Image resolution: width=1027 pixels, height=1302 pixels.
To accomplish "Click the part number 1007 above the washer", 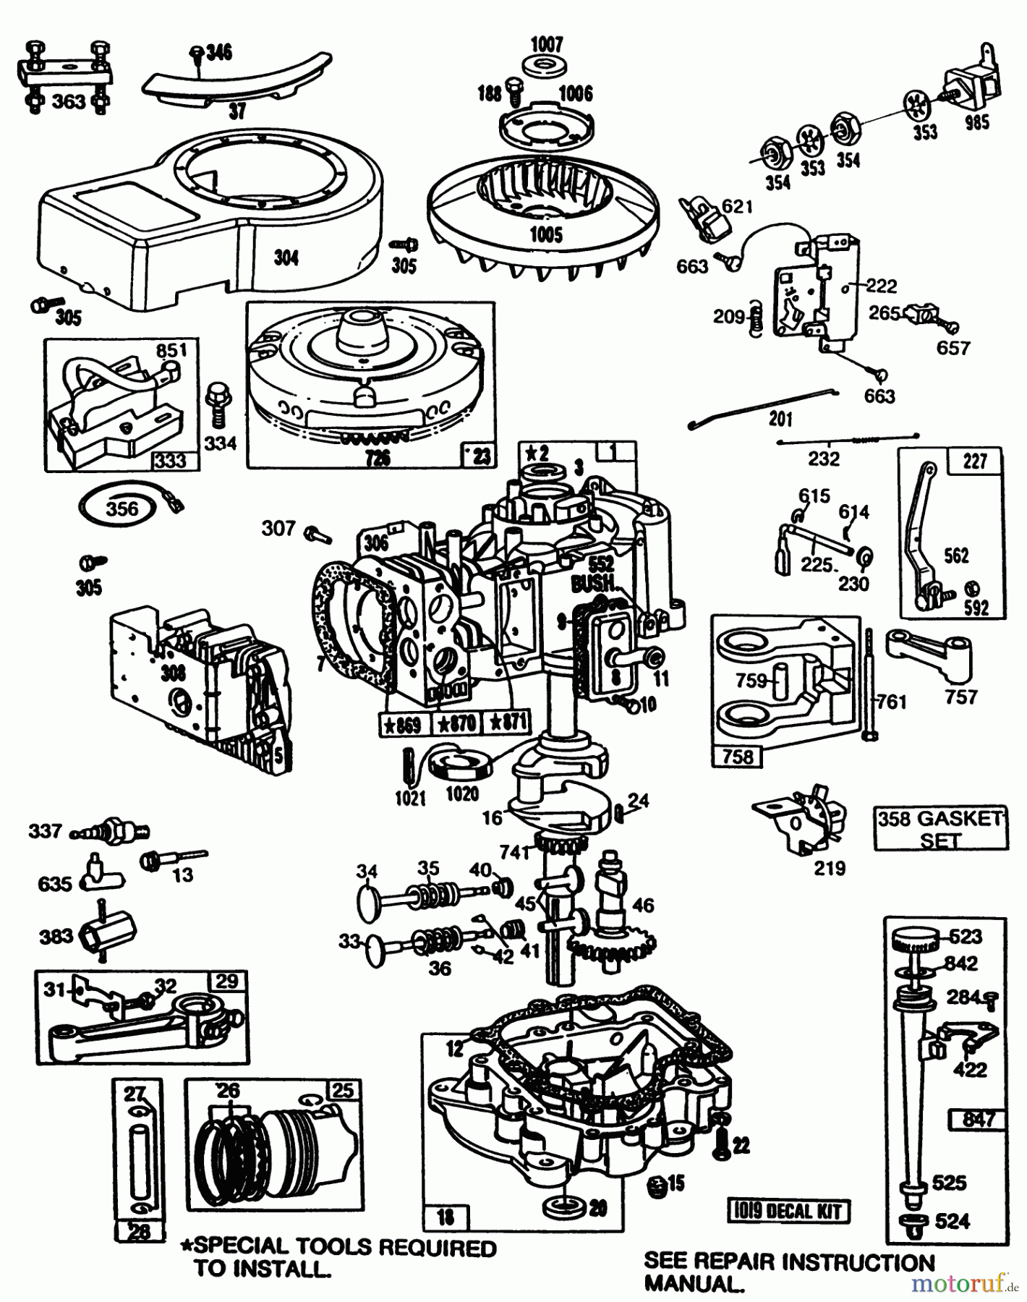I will point(546,44).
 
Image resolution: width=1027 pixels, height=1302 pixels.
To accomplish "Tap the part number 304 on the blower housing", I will point(286,257).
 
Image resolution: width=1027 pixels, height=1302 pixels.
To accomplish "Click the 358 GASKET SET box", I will point(940,829).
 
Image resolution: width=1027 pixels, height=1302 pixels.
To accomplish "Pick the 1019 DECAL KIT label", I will point(788,1211).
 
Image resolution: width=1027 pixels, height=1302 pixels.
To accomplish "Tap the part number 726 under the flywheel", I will point(378,457).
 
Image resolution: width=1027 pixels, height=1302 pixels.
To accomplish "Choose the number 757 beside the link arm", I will point(960,697).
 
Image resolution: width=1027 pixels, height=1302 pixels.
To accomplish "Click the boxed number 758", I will point(737,757).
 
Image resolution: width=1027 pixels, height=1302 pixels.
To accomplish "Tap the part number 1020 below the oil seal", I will point(461,793).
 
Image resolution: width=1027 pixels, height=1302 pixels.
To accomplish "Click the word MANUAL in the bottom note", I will point(693,1285).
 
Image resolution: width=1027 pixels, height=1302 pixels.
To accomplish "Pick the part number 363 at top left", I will point(68,101).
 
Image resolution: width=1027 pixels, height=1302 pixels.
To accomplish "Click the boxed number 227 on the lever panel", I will point(974,461).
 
